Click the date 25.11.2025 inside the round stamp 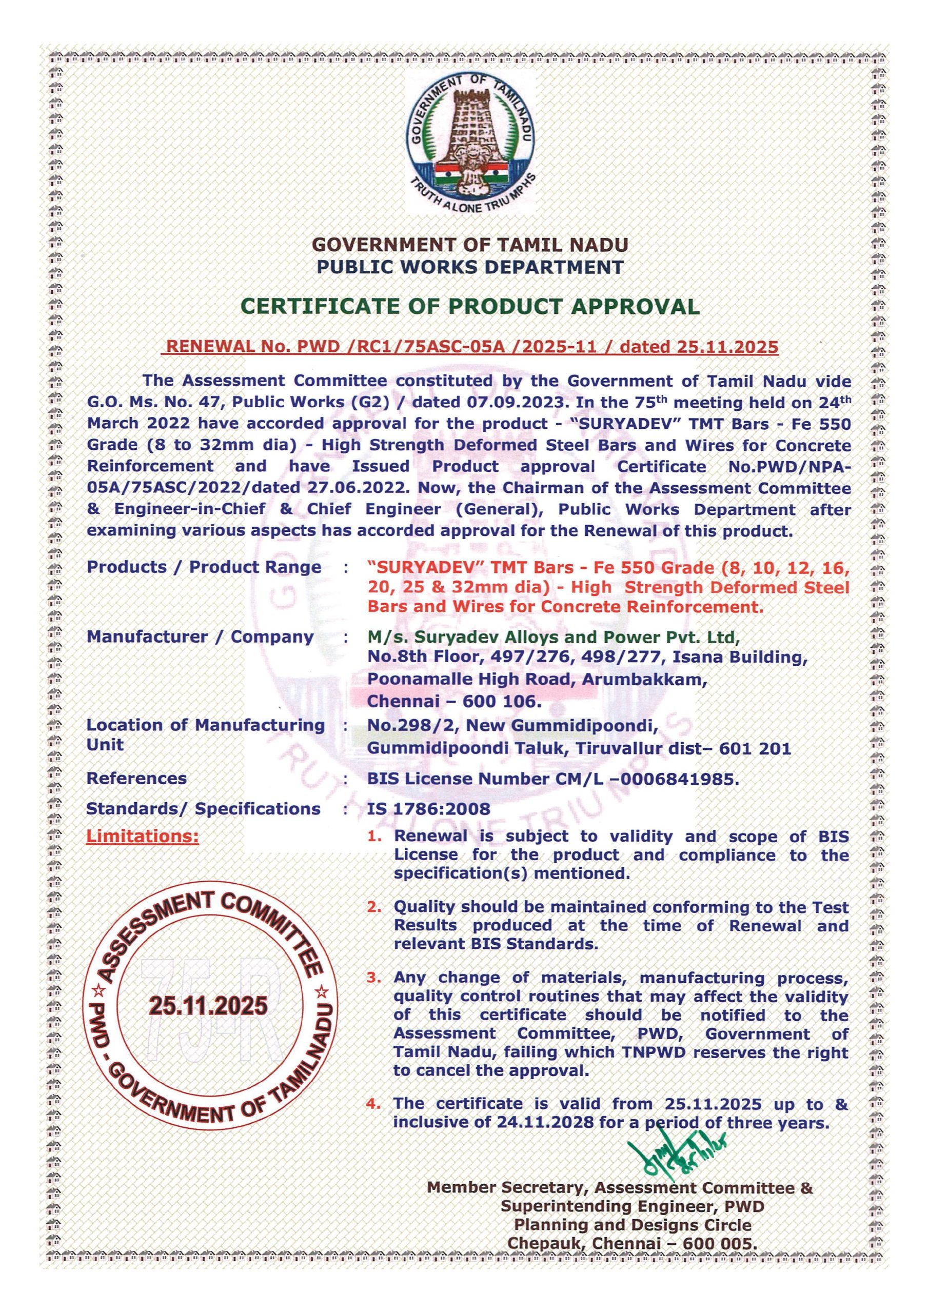208,1005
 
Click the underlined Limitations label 143,836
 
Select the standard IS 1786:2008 428,809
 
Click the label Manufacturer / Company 200,636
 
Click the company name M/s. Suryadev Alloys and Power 554,636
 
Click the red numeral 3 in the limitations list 374,978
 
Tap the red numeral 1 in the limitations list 374,836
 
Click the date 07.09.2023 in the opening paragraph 517,402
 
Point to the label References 136,778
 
